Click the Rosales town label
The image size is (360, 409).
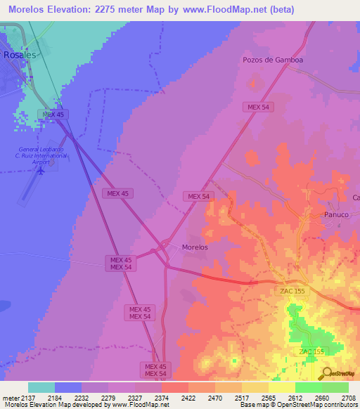[18, 53]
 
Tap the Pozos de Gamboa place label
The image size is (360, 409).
[272, 60]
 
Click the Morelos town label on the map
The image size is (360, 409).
[195, 247]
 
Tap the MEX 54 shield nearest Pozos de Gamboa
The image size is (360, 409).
[257, 107]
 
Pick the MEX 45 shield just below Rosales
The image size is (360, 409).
[53, 114]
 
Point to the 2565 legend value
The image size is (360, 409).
[268, 398]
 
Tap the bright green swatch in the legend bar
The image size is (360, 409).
[308, 387]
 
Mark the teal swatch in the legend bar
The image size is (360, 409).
[41, 387]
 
